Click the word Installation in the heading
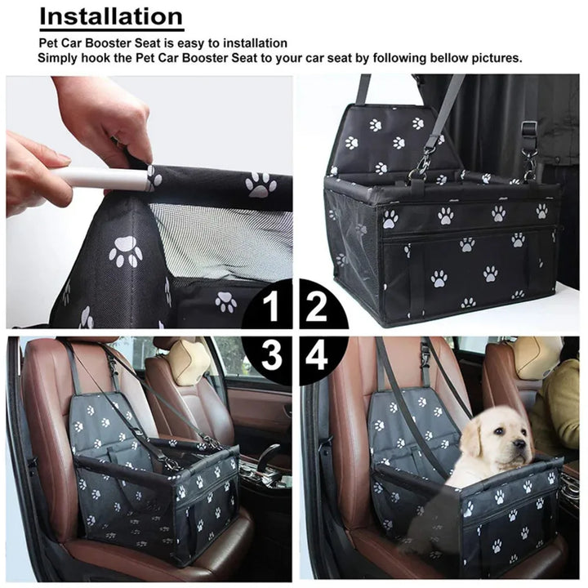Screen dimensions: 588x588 111,16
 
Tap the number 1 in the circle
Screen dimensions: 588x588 273,308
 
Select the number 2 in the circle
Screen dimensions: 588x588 317,308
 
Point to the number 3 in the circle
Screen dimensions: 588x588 273,355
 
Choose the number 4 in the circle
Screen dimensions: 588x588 317,355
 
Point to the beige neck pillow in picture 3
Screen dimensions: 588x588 189,362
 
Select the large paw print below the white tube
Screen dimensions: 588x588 126,251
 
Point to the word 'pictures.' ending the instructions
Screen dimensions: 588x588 494,58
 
